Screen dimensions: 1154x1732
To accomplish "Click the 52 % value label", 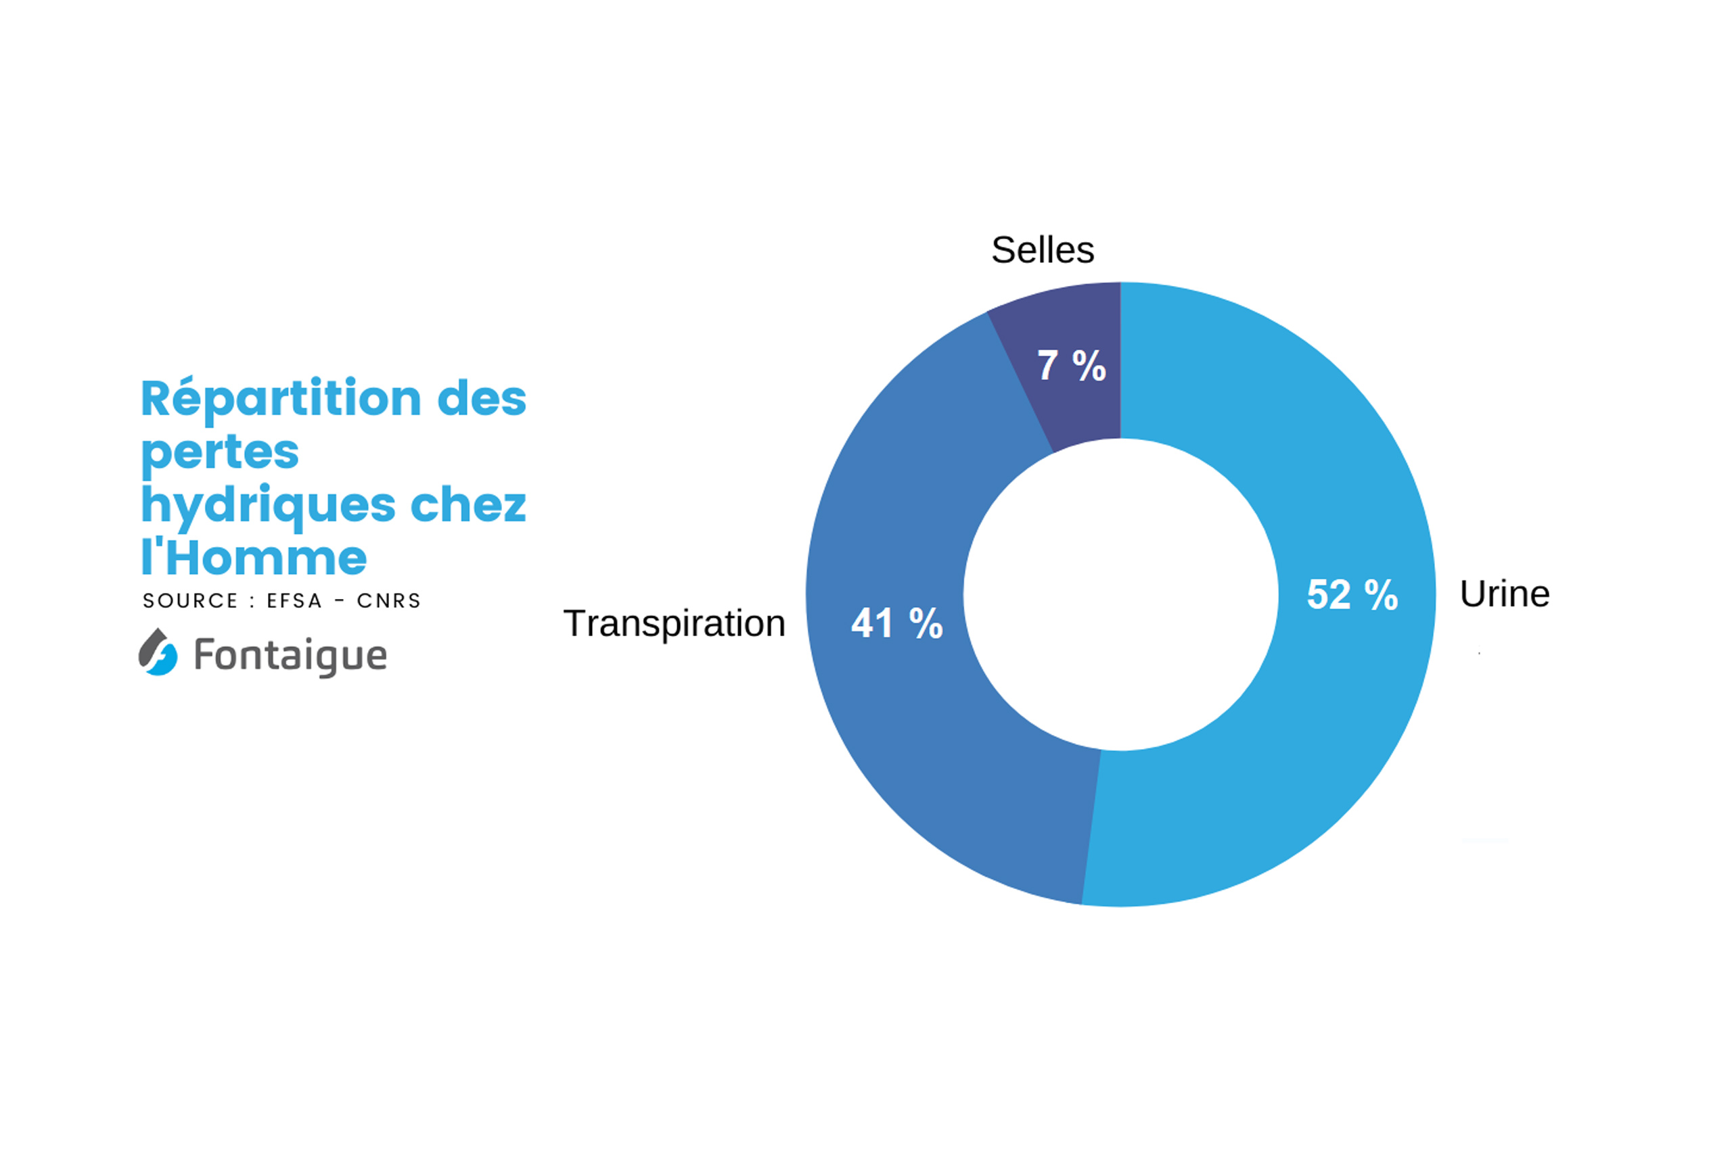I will [1352, 595].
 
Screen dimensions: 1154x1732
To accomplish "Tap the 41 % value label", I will [897, 623].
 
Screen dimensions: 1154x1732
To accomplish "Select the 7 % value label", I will [1072, 365].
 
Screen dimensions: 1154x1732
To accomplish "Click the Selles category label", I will [1043, 250].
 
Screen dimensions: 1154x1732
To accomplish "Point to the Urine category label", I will [1505, 594].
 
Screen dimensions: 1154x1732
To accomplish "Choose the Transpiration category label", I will [675, 623].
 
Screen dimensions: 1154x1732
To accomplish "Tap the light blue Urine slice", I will [1325, 736].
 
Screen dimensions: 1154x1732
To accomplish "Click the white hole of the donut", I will [1120, 595].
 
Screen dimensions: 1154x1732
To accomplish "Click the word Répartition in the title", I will [281, 400].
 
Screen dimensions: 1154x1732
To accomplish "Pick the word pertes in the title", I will [219, 452].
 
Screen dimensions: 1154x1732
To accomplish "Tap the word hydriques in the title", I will [268, 506].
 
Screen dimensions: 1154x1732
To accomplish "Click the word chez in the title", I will [468, 506].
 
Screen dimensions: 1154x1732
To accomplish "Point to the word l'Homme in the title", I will [254, 558].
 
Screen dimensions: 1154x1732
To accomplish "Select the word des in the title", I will [482, 400].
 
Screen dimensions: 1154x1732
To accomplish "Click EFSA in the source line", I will [294, 601].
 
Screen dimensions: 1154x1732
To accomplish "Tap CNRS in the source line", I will [389, 601].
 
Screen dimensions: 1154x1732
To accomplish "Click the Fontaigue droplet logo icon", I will [158, 652].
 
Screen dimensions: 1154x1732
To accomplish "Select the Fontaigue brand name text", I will [290, 655].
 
